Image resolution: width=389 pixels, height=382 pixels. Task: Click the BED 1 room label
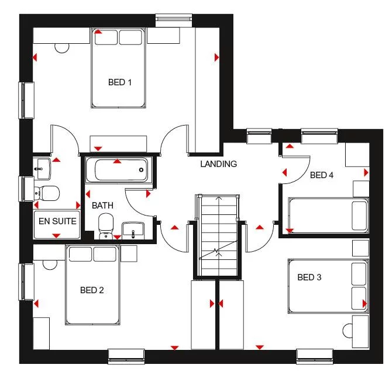coord(120,82)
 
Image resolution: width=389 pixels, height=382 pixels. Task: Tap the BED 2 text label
coord(92,290)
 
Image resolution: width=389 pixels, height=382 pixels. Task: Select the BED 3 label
coord(309,277)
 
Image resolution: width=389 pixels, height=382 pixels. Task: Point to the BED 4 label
coord(322,175)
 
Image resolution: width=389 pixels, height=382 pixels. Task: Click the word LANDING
coord(218,164)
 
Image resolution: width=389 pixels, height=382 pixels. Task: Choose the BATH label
coord(102,206)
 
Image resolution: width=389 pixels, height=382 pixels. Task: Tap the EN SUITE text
coord(57,222)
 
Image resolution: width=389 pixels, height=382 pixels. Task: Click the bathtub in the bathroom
coord(118,170)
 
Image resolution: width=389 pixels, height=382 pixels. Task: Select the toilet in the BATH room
coord(106,225)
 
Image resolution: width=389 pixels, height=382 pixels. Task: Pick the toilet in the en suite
coord(46,192)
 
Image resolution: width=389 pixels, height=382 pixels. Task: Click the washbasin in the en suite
coord(41,168)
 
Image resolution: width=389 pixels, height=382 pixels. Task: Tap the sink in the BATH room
coord(134,230)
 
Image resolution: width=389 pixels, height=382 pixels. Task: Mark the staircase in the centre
coord(218,234)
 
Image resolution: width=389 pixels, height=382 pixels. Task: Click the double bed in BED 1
coord(119,68)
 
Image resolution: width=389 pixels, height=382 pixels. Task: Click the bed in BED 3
coord(328,286)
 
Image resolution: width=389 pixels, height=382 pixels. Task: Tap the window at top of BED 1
coord(176,19)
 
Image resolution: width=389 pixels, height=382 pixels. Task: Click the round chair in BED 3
coord(358,331)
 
